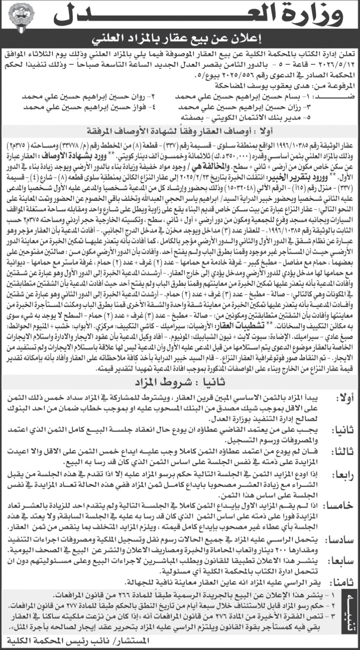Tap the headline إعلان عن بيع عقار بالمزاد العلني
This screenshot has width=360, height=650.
(180, 40)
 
